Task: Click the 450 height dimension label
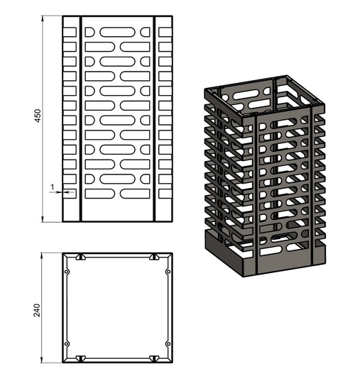38,116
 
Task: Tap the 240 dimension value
37,310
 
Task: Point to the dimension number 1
52,187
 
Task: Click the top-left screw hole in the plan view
66,272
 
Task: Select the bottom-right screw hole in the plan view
168,344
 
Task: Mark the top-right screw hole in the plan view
168,272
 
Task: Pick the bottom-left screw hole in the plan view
66,344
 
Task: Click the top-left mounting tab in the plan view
81,257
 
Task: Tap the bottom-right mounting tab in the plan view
154,359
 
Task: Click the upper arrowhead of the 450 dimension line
43,18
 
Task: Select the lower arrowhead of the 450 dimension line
43,219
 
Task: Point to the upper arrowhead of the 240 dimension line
42,256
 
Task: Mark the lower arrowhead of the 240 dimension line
42,360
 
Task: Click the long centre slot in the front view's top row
117,32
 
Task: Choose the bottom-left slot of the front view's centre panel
100,194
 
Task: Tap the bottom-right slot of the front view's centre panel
135,194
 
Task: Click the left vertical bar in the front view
81,119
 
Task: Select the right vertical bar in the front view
154,119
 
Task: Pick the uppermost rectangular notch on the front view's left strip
70,32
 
